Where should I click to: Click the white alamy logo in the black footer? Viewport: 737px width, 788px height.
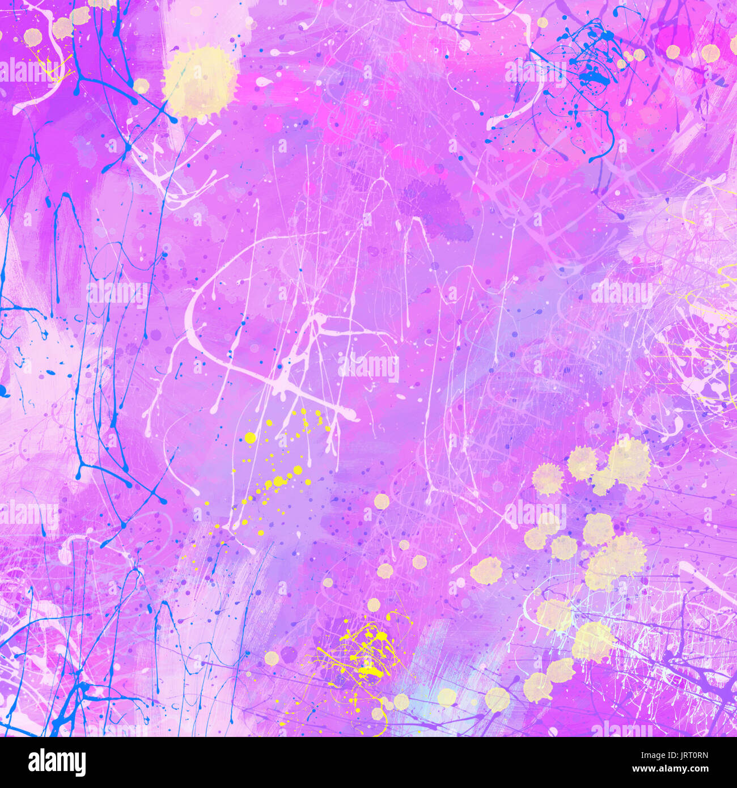click(57, 762)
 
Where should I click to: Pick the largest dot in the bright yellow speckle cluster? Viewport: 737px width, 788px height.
click(250, 437)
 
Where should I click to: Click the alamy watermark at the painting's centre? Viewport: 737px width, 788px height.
click(369, 367)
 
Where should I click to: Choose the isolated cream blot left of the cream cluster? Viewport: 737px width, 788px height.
click(486, 571)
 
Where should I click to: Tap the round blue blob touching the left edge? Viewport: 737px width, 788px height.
click(3, 391)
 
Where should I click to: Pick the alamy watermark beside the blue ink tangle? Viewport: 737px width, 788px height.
click(535, 72)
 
